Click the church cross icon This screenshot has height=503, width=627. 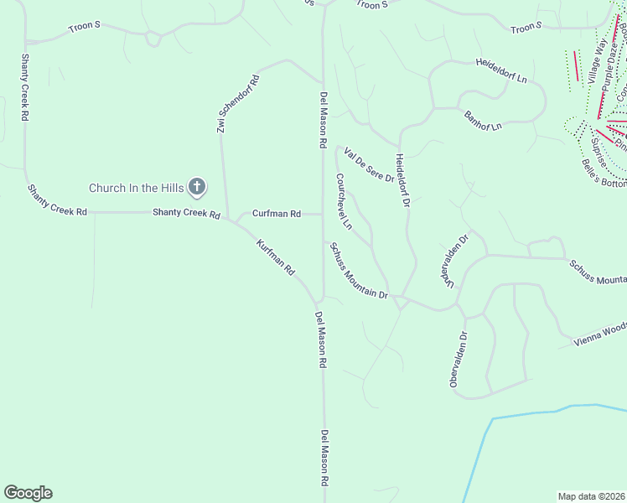(197, 186)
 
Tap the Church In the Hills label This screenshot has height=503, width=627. (137, 187)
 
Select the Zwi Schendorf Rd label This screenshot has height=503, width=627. (237, 105)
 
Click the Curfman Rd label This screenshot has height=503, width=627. (276, 214)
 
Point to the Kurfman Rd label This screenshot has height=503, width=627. (276, 258)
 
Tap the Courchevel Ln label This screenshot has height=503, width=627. (343, 202)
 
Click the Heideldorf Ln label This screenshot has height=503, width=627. (500, 71)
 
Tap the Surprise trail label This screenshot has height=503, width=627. (598, 152)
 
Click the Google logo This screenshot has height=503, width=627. (28, 493)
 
